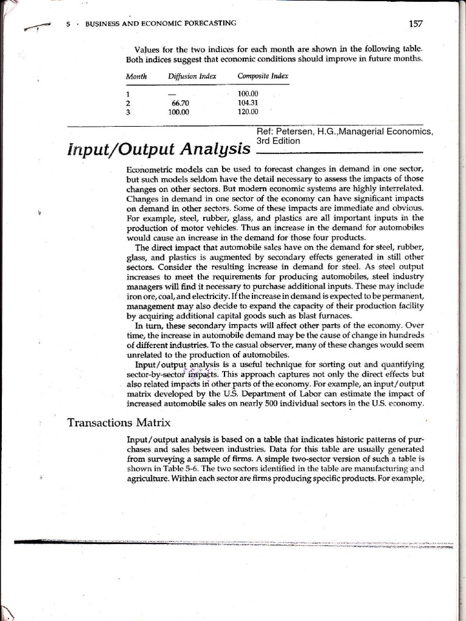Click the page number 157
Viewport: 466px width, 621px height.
click(x=416, y=24)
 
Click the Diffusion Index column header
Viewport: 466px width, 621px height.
click(x=192, y=76)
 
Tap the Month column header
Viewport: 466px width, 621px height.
click(x=137, y=76)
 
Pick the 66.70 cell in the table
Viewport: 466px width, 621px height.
click(x=181, y=103)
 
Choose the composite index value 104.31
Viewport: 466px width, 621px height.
click(x=248, y=103)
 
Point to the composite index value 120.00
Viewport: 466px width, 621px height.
click(x=248, y=112)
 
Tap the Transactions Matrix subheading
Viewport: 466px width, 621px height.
click(x=119, y=422)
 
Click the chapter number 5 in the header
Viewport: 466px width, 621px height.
click(x=68, y=24)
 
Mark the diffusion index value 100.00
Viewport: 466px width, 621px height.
click(x=179, y=112)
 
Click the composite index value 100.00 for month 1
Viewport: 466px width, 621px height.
click(x=248, y=95)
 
